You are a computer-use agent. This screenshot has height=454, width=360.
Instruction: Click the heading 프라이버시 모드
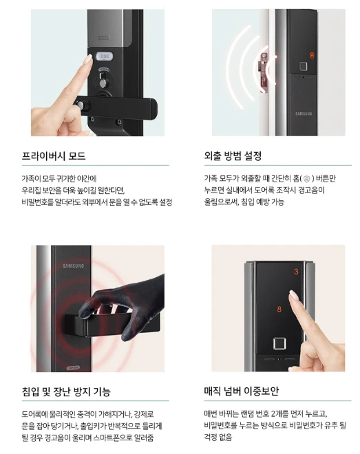(x=54, y=156)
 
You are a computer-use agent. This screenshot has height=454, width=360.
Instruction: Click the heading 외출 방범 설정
(x=233, y=156)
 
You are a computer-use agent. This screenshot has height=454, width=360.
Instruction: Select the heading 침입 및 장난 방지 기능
(x=66, y=392)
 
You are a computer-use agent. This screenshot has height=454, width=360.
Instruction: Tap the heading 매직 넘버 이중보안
(x=241, y=391)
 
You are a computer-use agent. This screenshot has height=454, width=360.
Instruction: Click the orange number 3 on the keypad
(x=296, y=272)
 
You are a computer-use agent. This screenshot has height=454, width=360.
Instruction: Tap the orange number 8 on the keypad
(x=279, y=310)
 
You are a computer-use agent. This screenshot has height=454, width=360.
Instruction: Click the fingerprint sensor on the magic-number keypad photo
(x=279, y=344)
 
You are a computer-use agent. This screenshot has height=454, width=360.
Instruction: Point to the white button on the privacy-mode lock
(x=103, y=56)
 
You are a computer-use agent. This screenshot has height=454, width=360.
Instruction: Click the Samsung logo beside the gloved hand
(x=73, y=266)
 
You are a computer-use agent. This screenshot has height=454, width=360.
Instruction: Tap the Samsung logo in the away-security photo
(x=304, y=113)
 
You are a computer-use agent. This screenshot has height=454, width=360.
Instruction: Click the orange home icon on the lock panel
(x=311, y=55)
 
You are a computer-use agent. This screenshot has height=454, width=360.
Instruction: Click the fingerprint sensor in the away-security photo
(x=304, y=67)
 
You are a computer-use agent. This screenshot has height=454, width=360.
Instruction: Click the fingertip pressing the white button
(x=88, y=60)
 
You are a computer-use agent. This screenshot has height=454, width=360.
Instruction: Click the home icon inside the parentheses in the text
(x=307, y=179)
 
